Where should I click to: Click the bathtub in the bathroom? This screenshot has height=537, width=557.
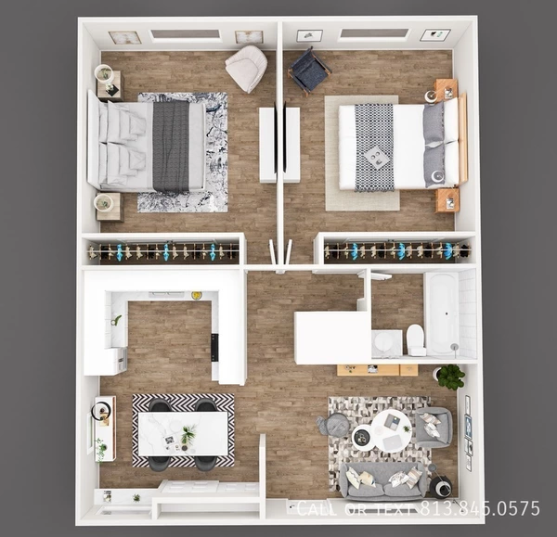441,313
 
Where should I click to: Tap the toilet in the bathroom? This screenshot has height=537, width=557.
416,340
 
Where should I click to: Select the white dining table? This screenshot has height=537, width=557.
183,432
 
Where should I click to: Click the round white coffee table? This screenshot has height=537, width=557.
392,429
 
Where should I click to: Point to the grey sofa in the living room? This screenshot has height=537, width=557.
383,480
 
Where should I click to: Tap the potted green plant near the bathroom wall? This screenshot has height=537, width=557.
451,376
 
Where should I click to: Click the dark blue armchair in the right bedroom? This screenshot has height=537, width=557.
308,70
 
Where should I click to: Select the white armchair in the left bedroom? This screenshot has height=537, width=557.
246,69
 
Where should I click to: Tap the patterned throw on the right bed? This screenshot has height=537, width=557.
374,147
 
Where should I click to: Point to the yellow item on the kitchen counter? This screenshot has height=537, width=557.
197,296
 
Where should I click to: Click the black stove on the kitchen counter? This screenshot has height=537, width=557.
215,346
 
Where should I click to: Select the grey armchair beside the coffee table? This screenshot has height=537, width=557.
434,426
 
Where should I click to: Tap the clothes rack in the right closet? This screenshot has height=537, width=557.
397,250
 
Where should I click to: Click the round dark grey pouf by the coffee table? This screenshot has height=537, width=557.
335,426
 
